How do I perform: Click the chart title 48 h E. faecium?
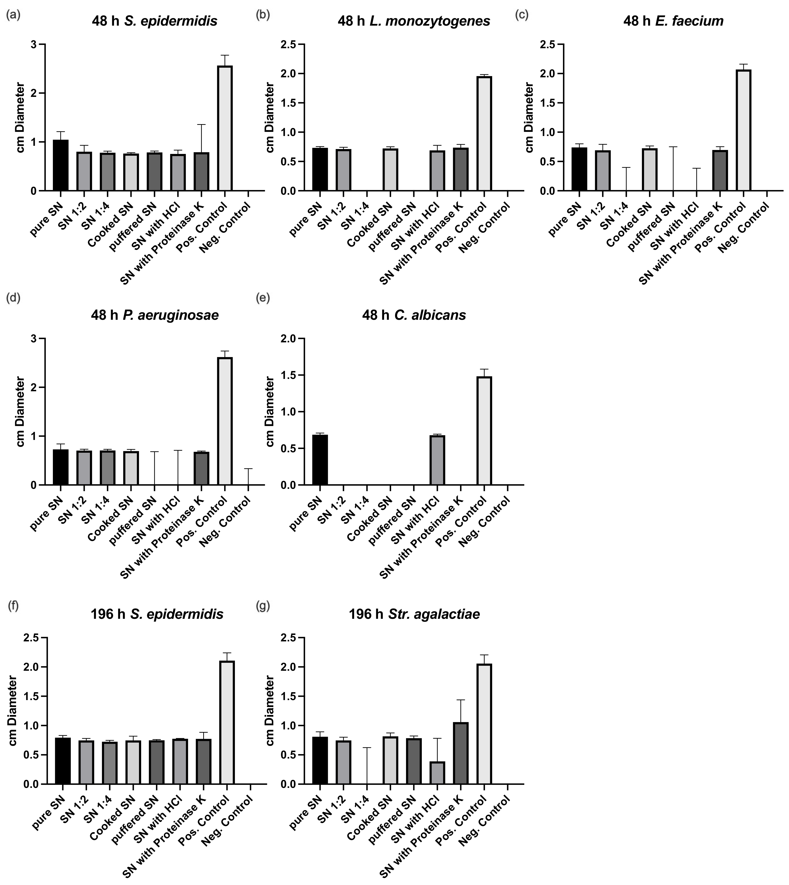tap(673, 21)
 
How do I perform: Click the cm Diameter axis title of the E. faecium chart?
tap(529, 117)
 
